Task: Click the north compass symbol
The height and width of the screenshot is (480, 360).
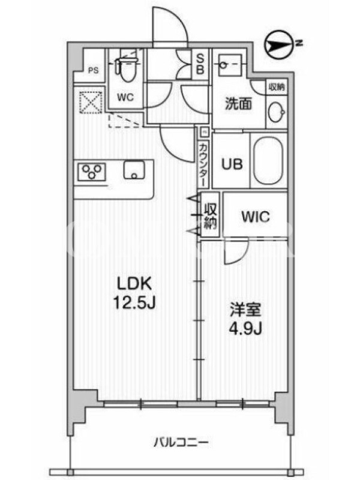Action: coord(280,44)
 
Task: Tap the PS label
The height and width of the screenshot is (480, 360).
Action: coord(94,70)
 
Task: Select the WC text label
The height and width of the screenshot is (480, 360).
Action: coord(125,97)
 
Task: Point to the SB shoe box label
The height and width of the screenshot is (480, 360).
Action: coord(200,64)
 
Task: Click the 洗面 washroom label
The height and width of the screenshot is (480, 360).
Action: coord(238,103)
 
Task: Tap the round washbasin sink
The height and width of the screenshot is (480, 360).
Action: coord(277,112)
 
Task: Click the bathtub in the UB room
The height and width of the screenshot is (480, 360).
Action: coord(268,160)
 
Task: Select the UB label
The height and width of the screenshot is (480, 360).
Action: coord(232,164)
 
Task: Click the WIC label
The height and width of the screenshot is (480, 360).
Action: coord(256,217)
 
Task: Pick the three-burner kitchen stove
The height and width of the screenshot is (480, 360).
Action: coord(92,172)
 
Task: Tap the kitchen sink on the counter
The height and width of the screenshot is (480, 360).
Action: coord(134,170)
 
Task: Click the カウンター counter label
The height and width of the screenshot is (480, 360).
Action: coord(203,164)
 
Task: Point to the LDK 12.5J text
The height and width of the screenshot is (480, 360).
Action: coord(134,293)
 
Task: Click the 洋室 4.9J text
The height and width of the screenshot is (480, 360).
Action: coord(245,319)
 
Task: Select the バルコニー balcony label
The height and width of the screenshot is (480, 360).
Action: coord(181,442)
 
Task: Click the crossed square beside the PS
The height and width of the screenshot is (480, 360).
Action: coord(91,103)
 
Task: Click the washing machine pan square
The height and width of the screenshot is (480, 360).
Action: coord(230,65)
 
